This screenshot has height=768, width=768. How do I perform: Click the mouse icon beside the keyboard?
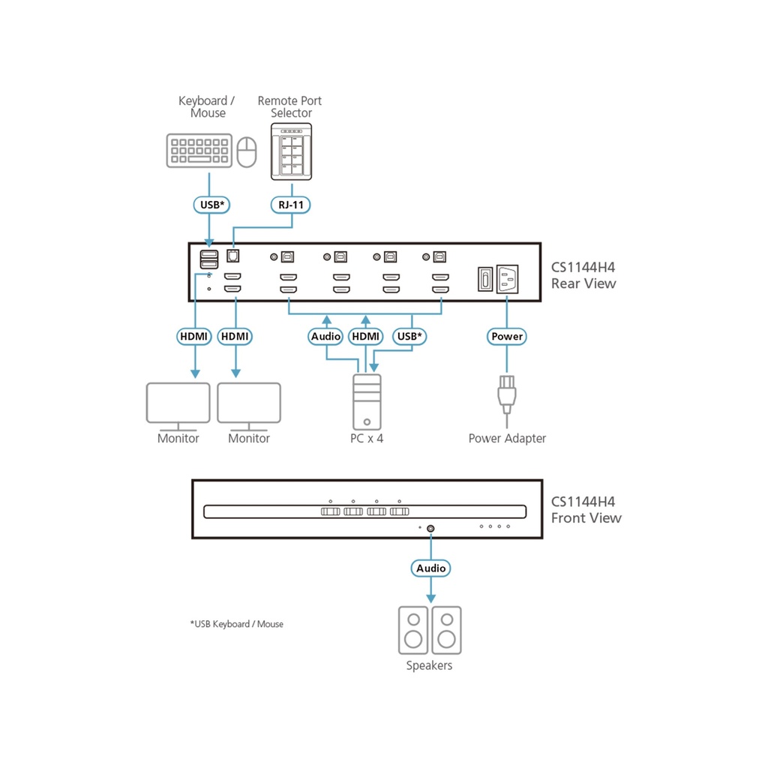tap(246, 153)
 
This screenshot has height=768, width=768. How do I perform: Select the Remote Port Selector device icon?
tap(291, 152)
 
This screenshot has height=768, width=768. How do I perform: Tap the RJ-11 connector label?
tap(291, 204)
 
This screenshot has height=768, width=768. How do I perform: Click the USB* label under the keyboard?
tap(209, 204)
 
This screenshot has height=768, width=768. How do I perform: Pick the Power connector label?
tap(506, 337)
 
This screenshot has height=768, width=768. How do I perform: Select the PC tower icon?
tap(367, 400)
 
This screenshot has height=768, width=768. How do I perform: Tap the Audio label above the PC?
tap(325, 337)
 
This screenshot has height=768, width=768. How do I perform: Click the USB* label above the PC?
tap(409, 337)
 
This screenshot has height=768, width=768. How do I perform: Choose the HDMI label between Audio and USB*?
tap(367, 337)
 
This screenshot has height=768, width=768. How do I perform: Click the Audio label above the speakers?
tap(430, 568)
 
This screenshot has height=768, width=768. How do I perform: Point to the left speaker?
tap(413, 630)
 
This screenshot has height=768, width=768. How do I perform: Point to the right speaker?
tap(447, 630)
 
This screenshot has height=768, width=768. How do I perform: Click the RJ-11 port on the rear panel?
tap(232, 256)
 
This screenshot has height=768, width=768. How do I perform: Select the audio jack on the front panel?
tap(430, 528)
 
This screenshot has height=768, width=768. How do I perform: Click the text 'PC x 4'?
tap(367, 438)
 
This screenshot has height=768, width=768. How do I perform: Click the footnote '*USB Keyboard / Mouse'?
tap(237, 624)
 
